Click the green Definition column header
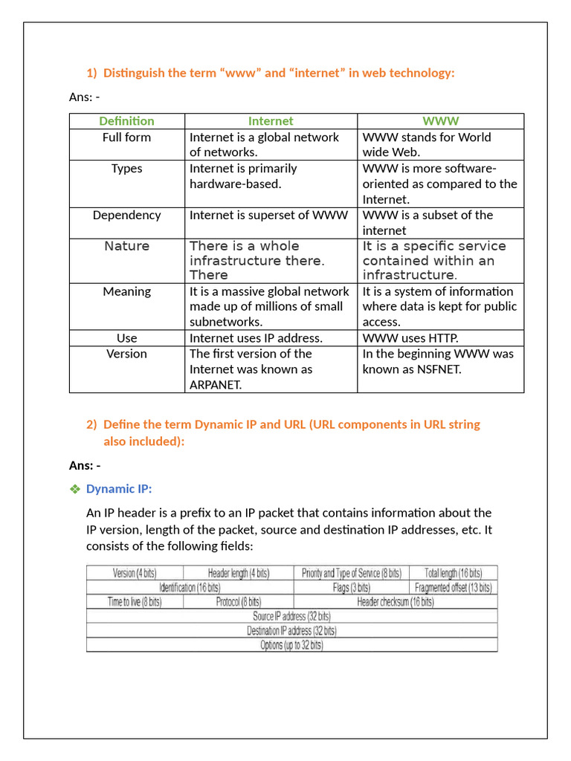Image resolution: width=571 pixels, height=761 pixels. click(x=126, y=121)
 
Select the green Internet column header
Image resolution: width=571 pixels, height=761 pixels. click(x=271, y=121)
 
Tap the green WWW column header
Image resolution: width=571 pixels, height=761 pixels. click(x=440, y=121)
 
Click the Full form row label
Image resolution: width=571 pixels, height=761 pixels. click(x=126, y=137)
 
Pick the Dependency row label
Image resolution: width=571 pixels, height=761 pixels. click(x=126, y=216)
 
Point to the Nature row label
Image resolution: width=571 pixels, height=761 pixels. click(x=126, y=246)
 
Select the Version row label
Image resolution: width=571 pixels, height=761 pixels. click(x=126, y=354)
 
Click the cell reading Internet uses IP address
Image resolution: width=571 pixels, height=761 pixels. click(x=256, y=338)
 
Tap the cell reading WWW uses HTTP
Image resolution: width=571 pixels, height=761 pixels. click(x=410, y=338)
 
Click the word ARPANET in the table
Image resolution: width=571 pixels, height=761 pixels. click(x=216, y=385)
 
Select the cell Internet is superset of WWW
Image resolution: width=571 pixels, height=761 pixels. click(x=268, y=216)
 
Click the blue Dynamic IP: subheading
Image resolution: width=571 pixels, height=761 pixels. click(x=119, y=489)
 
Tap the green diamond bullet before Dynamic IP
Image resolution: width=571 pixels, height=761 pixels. click(x=74, y=489)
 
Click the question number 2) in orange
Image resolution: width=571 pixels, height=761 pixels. click(x=91, y=424)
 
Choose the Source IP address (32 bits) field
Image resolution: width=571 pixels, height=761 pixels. click(x=291, y=616)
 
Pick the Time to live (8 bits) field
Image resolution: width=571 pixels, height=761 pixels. click(x=135, y=602)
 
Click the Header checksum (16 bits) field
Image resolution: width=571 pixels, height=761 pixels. click(x=395, y=602)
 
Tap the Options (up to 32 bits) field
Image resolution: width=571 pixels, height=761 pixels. click(x=291, y=645)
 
